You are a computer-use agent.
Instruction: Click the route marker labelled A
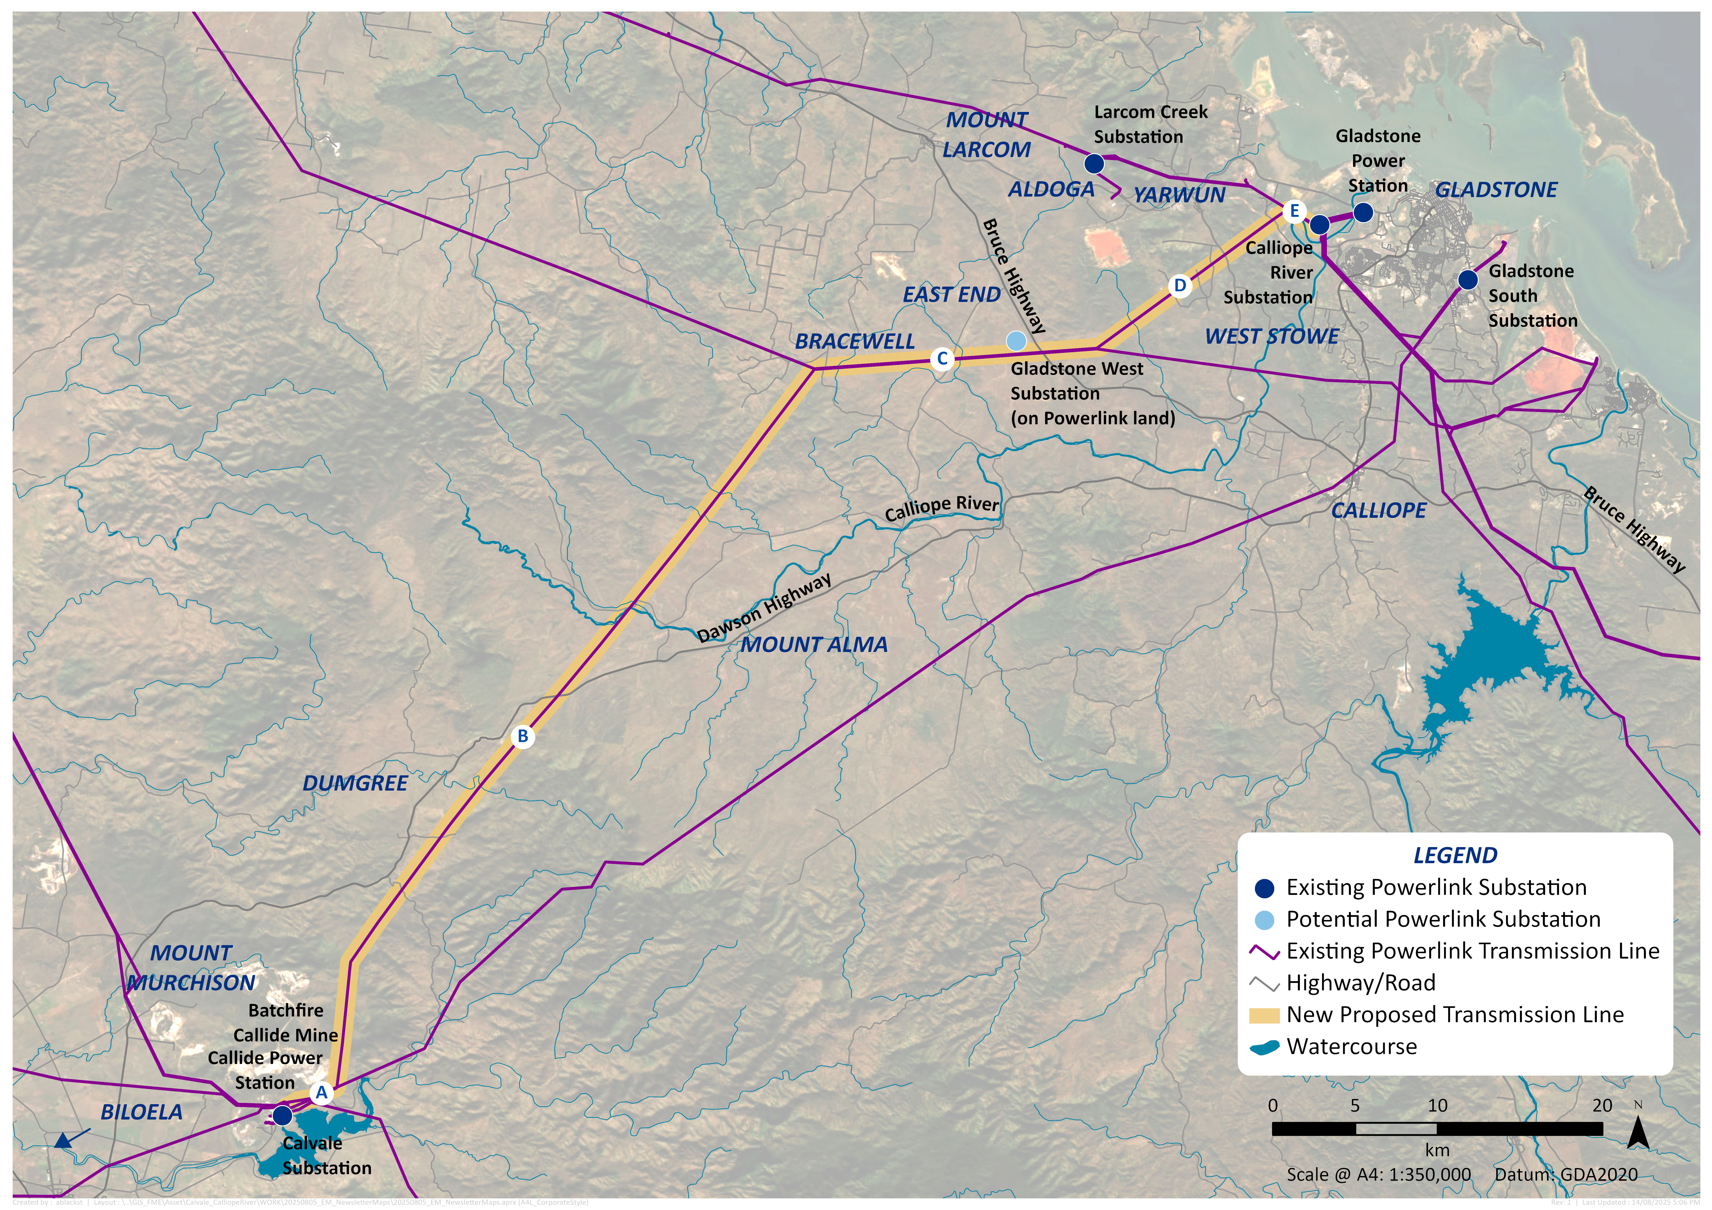click(x=321, y=1093)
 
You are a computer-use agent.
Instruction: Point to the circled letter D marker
click(x=1180, y=286)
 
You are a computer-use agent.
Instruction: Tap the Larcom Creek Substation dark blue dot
click(x=1094, y=163)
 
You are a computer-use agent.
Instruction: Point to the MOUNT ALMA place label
click(x=814, y=645)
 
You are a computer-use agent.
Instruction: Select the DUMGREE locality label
click(x=355, y=784)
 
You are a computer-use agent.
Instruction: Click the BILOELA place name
click(x=142, y=1112)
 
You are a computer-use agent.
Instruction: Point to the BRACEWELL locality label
click(x=855, y=341)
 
